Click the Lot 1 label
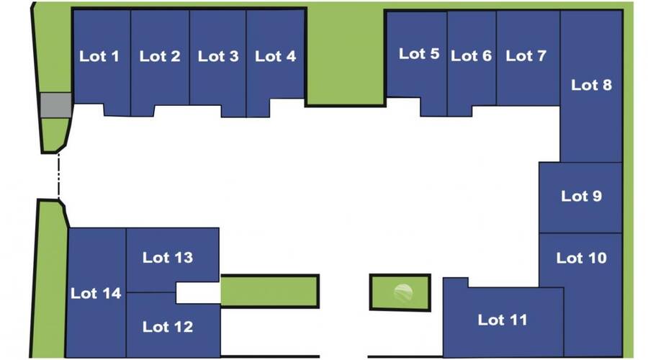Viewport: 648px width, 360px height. (x=99, y=56)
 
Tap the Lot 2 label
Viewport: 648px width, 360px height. (x=160, y=56)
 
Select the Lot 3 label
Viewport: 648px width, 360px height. (x=218, y=56)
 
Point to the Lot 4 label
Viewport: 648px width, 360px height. (x=276, y=56)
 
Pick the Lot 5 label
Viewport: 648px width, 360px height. (x=419, y=53)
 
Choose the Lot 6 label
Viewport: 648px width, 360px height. (x=472, y=56)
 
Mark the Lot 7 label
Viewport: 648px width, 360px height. (x=526, y=56)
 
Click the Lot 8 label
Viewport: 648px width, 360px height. (x=592, y=85)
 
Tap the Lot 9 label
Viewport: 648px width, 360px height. (x=582, y=196)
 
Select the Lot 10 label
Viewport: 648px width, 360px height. (x=582, y=258)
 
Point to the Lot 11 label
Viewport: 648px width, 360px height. (x=503, y=320)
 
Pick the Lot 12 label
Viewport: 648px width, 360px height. (x=168, y=327)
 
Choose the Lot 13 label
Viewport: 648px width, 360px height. (x=168, y=258)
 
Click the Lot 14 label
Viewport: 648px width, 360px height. (x=96, y=293)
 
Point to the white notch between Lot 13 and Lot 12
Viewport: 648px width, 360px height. (x=198, y=293)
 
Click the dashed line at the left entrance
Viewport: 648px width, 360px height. (x=59, y=176)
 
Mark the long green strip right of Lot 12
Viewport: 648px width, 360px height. (x=269, y=291)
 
